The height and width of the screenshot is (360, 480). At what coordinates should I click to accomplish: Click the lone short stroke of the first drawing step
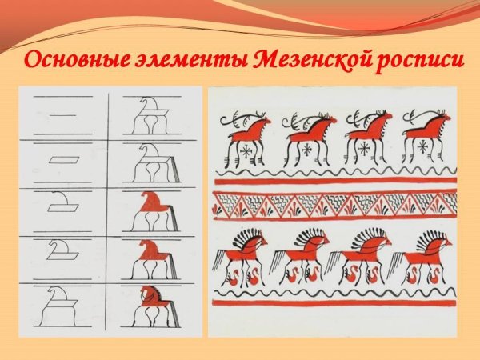click(x=64, y=115)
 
